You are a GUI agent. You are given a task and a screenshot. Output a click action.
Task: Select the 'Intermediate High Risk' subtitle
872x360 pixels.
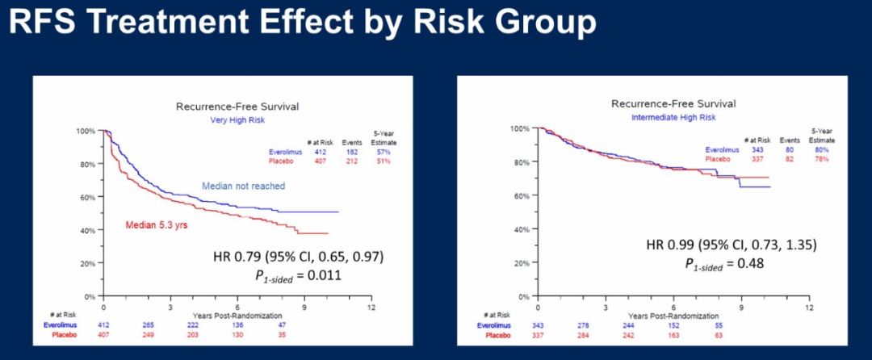click(673, 117)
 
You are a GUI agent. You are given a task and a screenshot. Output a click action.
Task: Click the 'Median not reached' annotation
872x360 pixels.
click(243, 186)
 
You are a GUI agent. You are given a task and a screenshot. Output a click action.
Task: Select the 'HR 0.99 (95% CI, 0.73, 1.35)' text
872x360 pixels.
click(733, 245)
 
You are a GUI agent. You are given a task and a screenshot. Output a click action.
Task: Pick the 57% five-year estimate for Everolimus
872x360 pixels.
click(383, 152)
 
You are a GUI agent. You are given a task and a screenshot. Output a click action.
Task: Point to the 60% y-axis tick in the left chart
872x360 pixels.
click(87, 197)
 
